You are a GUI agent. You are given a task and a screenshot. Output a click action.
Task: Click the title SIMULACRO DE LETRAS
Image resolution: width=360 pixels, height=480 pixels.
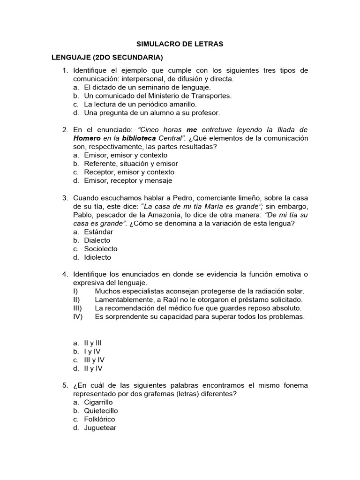pyautogui.click(x=180, y=44)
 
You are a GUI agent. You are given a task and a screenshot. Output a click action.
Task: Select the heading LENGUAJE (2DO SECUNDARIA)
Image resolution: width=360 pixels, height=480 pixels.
pyautogui.click(x=107, y=58)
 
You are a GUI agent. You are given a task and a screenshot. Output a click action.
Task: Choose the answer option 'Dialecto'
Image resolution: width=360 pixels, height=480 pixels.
pyautogui.click(x=97, y=240)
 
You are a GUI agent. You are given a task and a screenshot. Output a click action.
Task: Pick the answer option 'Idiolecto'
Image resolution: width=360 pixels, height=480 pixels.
pyautogui.click(x=97, y=257)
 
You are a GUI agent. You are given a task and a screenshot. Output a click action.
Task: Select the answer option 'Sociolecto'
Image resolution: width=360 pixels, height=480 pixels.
pyautogui.click(x=100, y=249)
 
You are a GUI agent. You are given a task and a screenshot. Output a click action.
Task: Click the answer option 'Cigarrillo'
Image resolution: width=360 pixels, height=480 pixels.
pyautogui.click(x=98, y=402)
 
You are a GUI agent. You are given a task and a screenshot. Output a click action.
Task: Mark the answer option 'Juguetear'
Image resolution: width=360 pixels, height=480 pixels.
pyautogui.click(x=100, y=427)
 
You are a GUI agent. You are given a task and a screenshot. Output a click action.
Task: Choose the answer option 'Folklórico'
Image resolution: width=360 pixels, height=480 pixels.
pyautogui.click(x=99, y=419)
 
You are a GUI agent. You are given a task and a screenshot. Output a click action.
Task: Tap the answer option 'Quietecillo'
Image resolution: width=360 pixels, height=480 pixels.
pyautogui.click(x=101, y=411)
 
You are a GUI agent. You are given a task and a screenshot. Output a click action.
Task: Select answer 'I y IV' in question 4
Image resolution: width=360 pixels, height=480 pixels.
pyautogui.click(x=92, y=351)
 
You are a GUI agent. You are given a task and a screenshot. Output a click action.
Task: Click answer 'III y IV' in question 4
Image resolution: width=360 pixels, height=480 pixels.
pyautogui.click(x=94, y=360)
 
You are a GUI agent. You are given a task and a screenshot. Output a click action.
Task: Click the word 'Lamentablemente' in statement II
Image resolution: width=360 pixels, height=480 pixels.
pyautogui.click(x=123, y=300)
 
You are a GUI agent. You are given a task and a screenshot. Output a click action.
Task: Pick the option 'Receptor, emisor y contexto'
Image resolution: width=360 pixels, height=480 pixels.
pyautogui.click(x=129, y=172)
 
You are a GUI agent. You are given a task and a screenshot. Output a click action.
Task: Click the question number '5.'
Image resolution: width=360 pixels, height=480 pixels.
pyautogui.click(x=65, y=385)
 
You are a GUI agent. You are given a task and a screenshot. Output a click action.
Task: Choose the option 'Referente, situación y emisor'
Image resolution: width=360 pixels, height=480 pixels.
pyautogui.click(x=131, y=164)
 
